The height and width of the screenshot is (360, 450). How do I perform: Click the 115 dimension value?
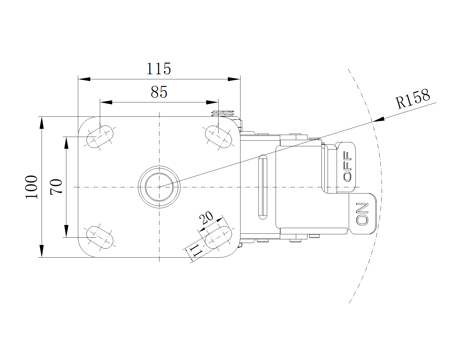pyautogui.click(x=159, y=69)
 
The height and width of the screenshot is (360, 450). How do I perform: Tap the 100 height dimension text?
pyautogui.click(x=31, y=187)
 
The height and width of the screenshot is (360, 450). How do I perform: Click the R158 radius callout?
pyautogui.click(x=413, y=99)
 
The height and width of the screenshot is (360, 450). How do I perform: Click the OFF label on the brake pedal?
pyautogui.click(x=348, y=166)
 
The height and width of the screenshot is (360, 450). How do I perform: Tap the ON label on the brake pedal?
pyautogui.click(x=362, y=214)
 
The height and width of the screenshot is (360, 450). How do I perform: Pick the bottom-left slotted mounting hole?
pyautogui.click(x=100, y=237)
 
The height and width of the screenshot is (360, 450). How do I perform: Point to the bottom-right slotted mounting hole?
pyautogui.click(x=219, y=237)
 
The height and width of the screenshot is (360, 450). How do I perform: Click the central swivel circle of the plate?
pyautogui.click(x=159, y=187)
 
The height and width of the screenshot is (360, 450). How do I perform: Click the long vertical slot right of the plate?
pyautogui.click(x=263, y=187)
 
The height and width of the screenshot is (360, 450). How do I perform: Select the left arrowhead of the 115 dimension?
pyautogui.click(x=84, y=79)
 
